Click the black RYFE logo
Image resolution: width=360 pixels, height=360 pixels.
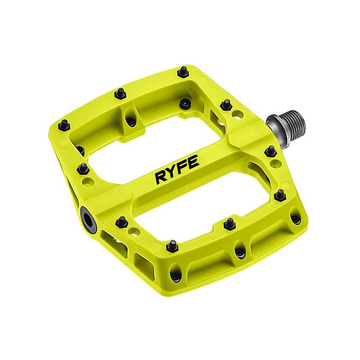coord(176,169)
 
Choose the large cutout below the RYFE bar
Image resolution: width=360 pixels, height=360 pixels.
coord(202,202)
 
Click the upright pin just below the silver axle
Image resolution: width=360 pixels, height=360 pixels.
coord(271,151)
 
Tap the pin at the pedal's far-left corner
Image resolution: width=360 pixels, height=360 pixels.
coord(64,125)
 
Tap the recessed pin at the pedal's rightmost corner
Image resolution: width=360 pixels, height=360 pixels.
coord(296,219)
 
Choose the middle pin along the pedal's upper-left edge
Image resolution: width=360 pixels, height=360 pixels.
coord(120,94)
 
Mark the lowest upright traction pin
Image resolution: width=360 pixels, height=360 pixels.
coord(172,246)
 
